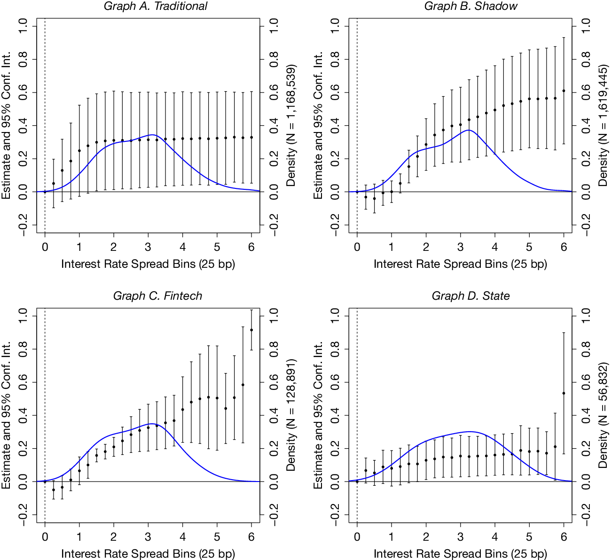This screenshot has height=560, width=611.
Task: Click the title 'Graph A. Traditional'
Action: coord(156,7)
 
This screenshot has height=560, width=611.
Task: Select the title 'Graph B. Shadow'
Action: coord(470,7)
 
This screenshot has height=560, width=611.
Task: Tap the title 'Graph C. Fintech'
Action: coord(157,296)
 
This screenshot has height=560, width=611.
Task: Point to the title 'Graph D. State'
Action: coord(470,296)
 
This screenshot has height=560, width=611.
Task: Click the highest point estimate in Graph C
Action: coord(251,330)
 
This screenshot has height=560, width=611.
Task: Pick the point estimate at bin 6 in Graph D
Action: coord(564,393)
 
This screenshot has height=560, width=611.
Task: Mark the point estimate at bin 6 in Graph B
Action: coord(564,91)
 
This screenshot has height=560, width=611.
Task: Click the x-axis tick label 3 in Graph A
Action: coord(148,247)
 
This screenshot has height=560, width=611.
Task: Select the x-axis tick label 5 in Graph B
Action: coord(529,247)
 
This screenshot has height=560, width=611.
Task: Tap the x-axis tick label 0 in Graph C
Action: coord(45,536)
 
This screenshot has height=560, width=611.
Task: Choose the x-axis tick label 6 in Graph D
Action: coord(564,536)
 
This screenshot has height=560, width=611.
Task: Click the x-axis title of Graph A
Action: coord(148,264)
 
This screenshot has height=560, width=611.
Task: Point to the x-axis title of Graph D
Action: coord(460,554)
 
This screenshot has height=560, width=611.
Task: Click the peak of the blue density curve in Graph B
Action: coord(468,130)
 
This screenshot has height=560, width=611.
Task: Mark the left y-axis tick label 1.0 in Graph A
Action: coord(22,26)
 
